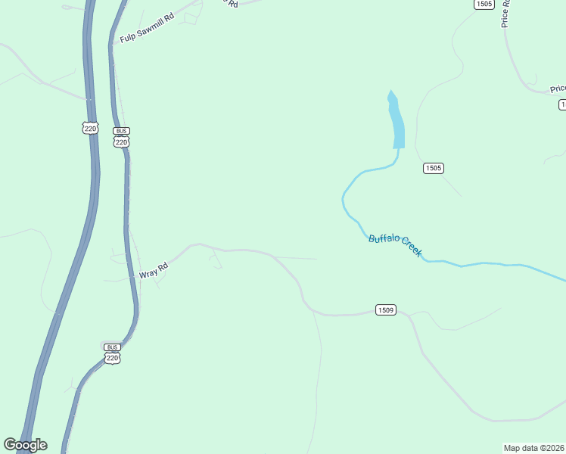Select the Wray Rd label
pos(153,270)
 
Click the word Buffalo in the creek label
pos(384,240)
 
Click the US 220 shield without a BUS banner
pos(90,129)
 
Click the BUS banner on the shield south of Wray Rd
pos(112,347)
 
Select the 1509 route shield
pos(385,310)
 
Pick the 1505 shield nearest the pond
pos(433,168)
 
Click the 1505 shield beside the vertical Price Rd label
pos(484,5)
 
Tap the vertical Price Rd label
pos(506,14)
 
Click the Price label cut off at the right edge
pos(558,89)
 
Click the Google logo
pos(25,445)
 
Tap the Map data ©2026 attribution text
pos(534,448)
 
